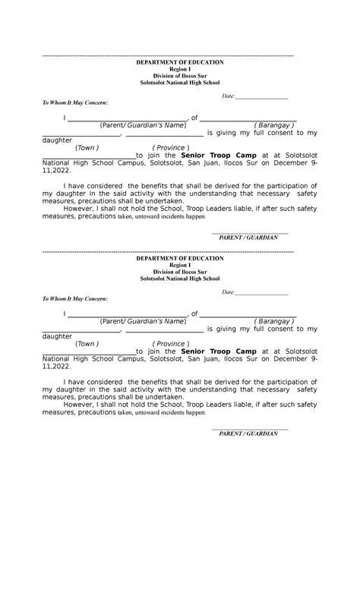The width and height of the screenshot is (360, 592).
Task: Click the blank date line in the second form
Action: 261,294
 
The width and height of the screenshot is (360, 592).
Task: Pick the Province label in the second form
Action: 170,344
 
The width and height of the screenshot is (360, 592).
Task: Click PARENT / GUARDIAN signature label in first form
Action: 248,238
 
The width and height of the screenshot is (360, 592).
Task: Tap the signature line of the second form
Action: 250,430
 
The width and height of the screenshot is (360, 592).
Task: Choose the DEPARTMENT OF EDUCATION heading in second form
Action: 180,258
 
